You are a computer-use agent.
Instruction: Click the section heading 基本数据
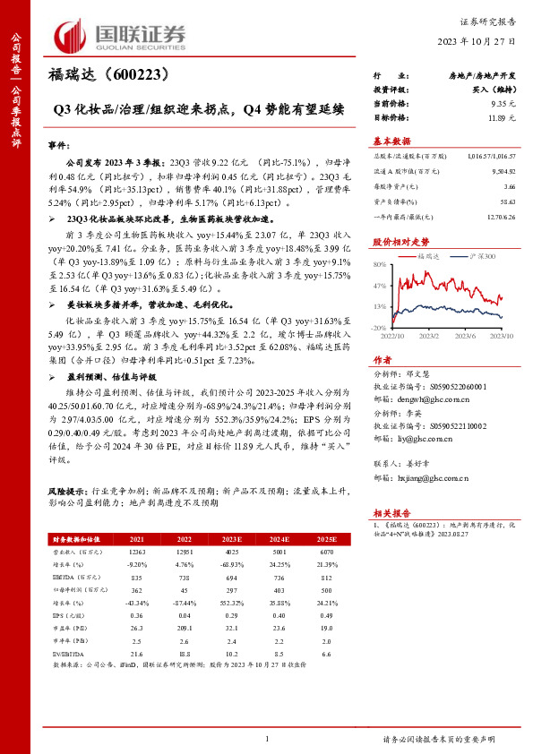tap(391, 141)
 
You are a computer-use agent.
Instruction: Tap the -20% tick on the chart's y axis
tap(380, 328)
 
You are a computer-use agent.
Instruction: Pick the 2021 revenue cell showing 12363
tap(138, 555)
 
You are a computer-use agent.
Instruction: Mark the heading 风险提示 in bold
tap(69, 493)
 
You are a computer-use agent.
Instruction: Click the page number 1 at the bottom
tap(267, 738)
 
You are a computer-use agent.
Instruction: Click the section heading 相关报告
tap(391, 512)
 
